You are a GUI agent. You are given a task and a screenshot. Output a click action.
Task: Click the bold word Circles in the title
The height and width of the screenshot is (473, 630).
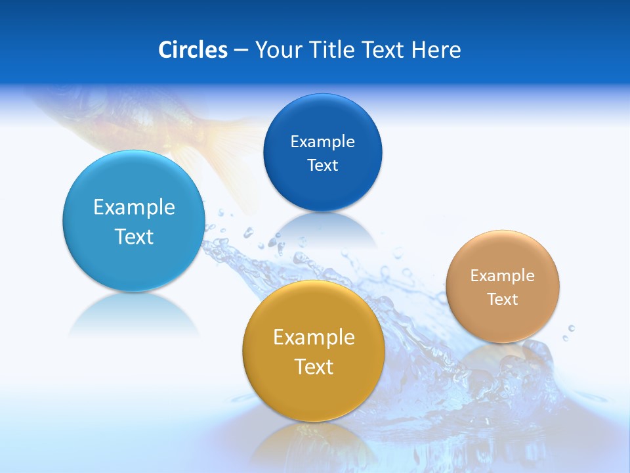(193, 50)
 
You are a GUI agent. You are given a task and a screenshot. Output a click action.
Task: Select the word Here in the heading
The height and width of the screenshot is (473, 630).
(436, 50)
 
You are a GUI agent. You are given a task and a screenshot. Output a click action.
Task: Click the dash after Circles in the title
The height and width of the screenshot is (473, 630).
(241, 51)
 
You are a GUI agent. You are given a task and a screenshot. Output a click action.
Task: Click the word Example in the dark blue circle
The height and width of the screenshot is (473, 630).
(322, 141)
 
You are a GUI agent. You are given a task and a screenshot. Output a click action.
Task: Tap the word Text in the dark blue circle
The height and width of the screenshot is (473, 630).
(322, 165)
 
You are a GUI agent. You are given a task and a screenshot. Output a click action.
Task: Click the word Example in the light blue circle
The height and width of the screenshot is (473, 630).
(134, 208)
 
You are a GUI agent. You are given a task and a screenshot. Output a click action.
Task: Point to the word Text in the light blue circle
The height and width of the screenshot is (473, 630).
(134, 236)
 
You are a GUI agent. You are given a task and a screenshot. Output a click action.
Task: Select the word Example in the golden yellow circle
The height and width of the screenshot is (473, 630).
(314, 338)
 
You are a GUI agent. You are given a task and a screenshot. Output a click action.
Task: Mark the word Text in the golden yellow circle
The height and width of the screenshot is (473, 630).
(314, 367)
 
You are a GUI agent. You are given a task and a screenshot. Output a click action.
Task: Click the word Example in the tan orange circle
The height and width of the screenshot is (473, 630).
(503, 275)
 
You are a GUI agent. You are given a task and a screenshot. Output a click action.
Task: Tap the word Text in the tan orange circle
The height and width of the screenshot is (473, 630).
(503, 299)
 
